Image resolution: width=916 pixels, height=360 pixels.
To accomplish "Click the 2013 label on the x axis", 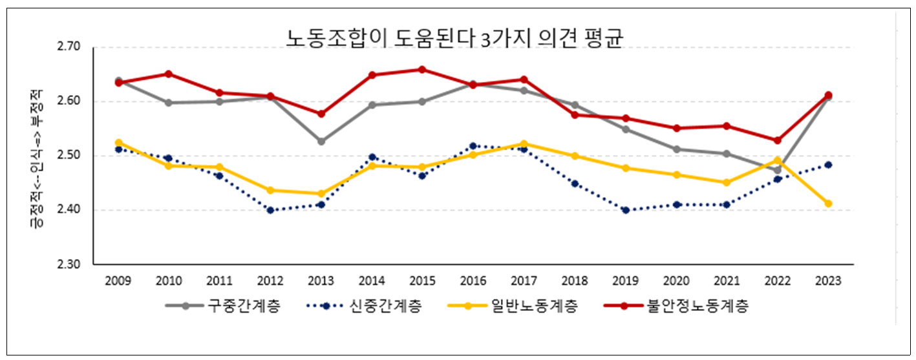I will [321, 281].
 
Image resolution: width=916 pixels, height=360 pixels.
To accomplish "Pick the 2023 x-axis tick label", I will [828, 281].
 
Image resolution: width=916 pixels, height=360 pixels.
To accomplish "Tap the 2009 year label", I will [118, 281].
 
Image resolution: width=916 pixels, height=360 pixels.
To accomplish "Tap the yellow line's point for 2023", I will [828, 204].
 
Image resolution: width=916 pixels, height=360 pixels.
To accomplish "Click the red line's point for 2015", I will [423, 69].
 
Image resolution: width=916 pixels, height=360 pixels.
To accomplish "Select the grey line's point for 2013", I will [321, 141].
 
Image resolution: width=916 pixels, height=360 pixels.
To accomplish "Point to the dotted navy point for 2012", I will [270, 210].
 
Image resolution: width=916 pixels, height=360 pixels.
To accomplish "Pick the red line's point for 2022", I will [778, 140].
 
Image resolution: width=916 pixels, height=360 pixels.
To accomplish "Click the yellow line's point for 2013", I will [321, 193].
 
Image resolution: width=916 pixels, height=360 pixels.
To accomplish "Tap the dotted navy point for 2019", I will [625, 210].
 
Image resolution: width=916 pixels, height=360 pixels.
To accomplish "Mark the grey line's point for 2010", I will [169, 102].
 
